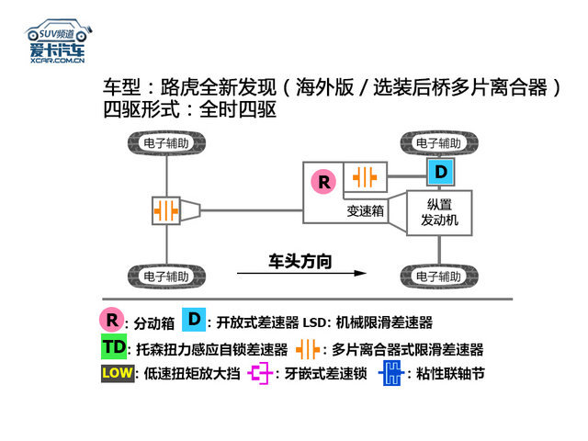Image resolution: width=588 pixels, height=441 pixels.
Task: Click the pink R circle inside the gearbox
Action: pos(323,182)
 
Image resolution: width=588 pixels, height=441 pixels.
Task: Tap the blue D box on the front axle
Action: pos(441,172)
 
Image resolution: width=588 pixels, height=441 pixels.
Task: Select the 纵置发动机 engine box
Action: pos(439,212)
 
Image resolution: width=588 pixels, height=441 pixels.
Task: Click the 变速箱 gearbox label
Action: pos(366,210)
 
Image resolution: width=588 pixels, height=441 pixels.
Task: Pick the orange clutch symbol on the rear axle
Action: pos(165,210)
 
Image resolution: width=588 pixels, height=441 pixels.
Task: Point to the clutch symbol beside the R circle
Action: pos(365,177)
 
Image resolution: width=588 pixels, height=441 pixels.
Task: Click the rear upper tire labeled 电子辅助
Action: pos(166,143)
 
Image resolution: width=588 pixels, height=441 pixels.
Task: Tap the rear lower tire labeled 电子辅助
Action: pos(166,277)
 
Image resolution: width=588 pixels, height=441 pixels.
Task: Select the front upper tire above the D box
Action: pos(439,143)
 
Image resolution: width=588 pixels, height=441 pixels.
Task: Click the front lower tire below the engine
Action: pos(439,277)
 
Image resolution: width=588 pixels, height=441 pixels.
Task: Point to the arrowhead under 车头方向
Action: pos(360,273)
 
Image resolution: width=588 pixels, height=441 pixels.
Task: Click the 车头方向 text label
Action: pos(300,261)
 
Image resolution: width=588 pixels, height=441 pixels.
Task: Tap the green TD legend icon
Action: pos(114,346)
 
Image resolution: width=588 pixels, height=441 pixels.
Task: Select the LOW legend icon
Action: pos(118,373)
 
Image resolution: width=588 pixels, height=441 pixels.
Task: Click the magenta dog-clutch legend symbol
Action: pos(259,373)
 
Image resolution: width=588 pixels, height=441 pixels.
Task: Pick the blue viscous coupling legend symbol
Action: pos(391,373)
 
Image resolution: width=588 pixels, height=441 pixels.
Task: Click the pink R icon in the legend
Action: pos(112,320)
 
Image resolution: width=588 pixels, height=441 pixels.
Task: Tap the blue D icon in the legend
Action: pos(194,320)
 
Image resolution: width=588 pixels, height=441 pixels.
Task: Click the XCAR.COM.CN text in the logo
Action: pos(57,61)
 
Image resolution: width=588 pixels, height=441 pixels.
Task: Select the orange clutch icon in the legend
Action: pos(308,349)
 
